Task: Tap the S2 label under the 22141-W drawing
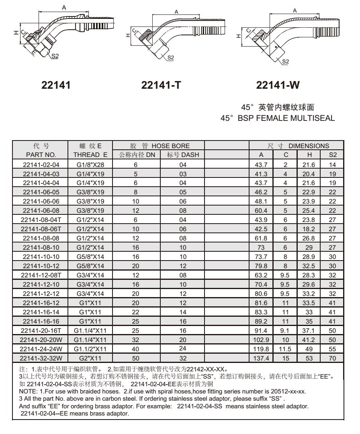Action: pos(286,61)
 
